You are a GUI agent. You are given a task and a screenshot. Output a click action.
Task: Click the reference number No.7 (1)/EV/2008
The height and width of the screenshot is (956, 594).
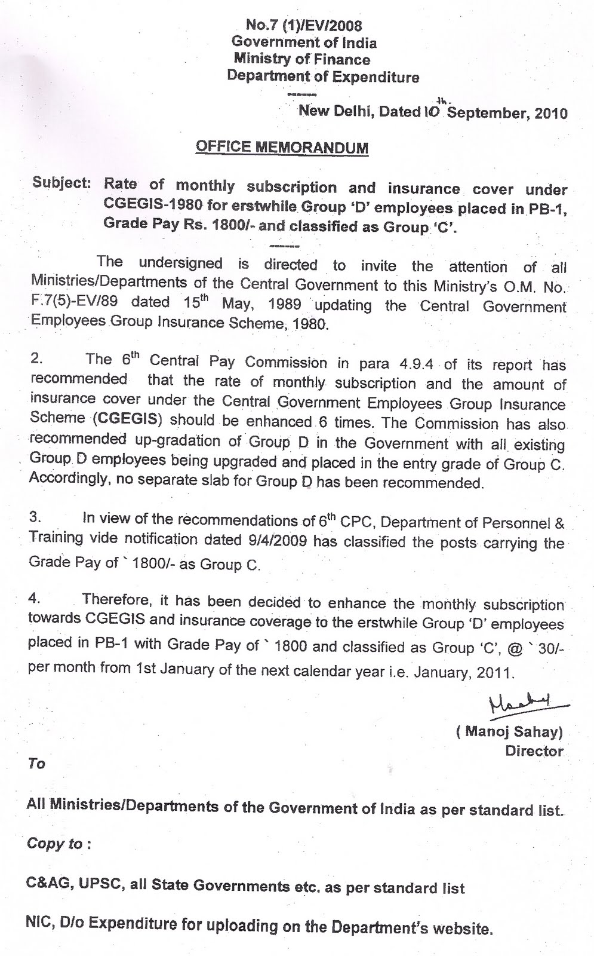(x=304, y=26)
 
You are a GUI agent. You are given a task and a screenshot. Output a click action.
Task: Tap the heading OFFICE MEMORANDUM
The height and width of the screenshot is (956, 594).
(x=282, y=147)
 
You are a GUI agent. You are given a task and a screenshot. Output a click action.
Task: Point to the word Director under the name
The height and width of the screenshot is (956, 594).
(x=534, y=751)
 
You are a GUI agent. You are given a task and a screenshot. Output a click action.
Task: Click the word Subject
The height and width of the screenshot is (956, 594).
(x=61, y=183)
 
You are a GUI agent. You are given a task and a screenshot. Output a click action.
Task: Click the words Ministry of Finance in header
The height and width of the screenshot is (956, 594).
(x=301, y=59)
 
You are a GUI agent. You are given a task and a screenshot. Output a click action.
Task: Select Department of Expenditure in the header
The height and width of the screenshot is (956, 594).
(x=322, y=76)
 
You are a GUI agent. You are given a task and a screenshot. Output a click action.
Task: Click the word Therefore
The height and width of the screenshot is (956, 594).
(x=116, y=599)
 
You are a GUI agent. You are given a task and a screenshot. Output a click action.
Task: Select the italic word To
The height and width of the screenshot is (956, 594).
(x=36, y=764)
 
